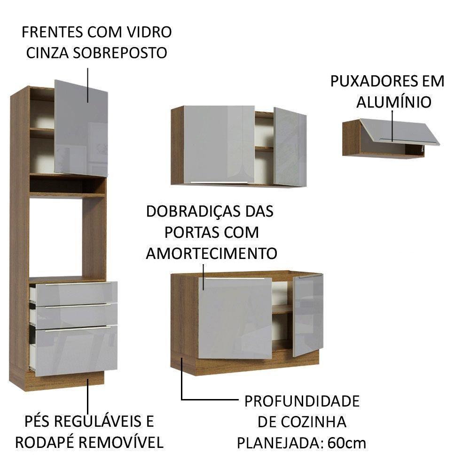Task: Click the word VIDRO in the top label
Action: pos(148,32)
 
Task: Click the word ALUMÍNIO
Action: pos(393,102)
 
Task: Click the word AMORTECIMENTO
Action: pos(211,253)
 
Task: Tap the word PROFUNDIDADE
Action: pos(302,401)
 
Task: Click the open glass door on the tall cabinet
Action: pos(81,128)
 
